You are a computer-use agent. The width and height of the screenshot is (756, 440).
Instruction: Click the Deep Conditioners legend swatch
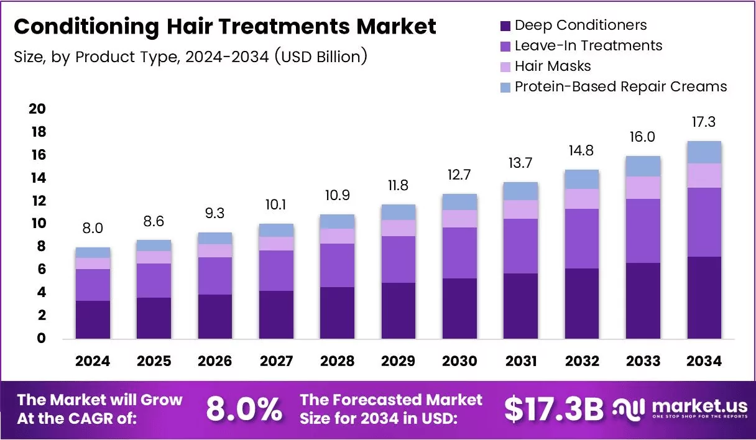click(x=505, y=26)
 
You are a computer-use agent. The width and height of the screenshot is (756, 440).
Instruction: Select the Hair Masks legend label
click(x=553, y=66)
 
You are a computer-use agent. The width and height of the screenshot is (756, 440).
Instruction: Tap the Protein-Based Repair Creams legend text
click(x=620, y=86)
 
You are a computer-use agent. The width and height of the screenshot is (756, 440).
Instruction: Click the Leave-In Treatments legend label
click(x=588, y=45)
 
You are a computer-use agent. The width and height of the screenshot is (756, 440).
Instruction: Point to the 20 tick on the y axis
click(x=37, y=109)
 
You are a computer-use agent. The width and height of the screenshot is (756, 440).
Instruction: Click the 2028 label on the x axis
click(x=338, y=361)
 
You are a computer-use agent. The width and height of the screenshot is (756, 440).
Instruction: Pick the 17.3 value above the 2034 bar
click(x=704, y=122)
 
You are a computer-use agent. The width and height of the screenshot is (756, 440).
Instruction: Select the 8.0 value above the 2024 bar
click(x=93, y=228)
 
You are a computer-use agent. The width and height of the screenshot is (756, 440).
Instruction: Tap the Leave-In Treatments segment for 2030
click(x=459, y=253)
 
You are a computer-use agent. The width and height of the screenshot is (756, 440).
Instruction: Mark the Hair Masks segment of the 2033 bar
click(x=643, y=188)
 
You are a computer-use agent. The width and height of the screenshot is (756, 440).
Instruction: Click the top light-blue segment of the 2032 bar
click(x=582, y=179)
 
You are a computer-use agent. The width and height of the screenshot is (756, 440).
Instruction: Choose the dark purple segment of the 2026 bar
click(x=215, y=316)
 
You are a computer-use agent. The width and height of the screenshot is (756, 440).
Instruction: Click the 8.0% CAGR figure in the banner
click(x=243, y=409)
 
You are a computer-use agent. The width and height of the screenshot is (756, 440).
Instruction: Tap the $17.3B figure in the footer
click(x=553, y=409)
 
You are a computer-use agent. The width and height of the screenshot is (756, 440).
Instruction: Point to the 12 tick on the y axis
click(x=37, y=201)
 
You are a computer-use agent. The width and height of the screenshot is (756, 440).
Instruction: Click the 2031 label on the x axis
click(x=521, y=361)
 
